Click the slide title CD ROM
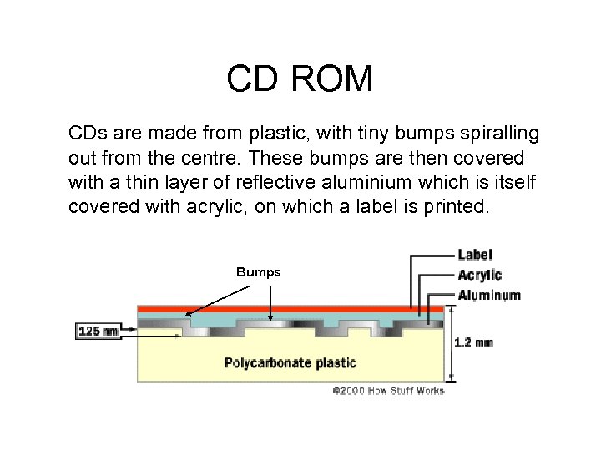300,79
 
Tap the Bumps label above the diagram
258,272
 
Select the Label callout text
474,254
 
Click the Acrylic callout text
479,275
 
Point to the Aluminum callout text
489,295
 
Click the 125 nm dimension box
98,331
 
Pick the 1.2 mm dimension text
473,342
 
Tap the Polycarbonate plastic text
290,362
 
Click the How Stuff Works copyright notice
388,390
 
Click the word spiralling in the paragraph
498,134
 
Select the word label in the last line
374,206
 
